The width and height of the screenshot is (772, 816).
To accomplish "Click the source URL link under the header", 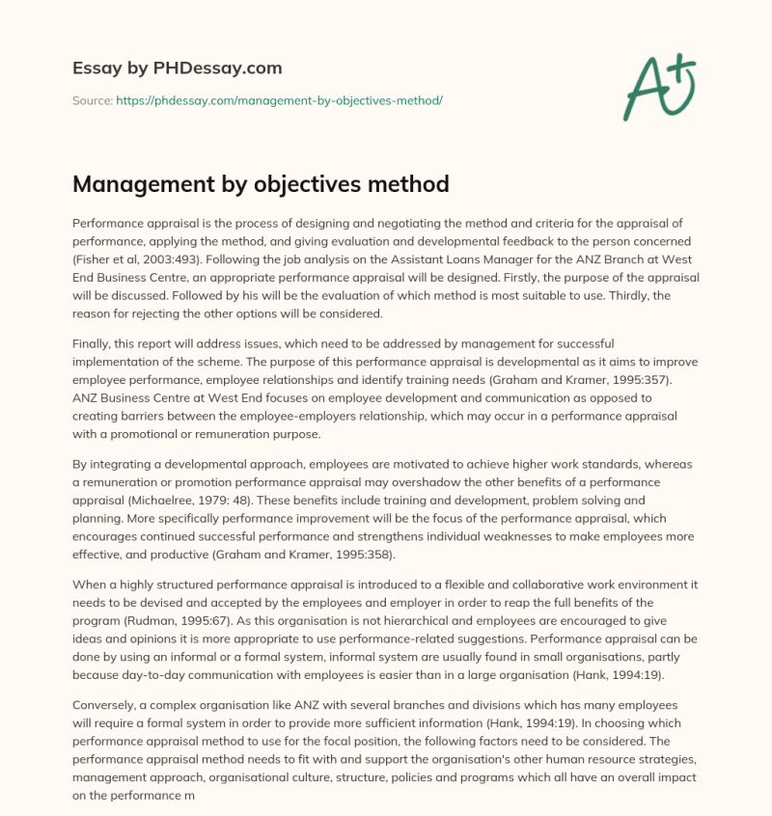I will (x=279, y=99).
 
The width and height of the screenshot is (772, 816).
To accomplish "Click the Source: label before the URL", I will (x=93, y=99).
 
